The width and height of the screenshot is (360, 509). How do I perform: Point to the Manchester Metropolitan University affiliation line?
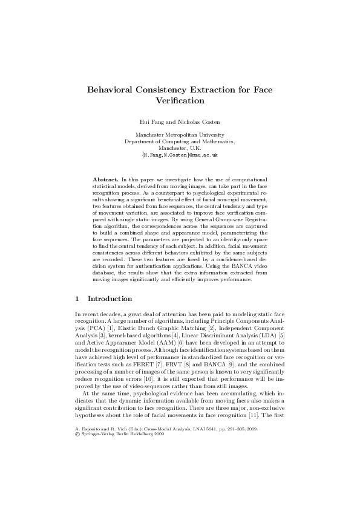coord(180,135)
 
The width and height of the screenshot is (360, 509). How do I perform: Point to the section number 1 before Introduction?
coord(77,299)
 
